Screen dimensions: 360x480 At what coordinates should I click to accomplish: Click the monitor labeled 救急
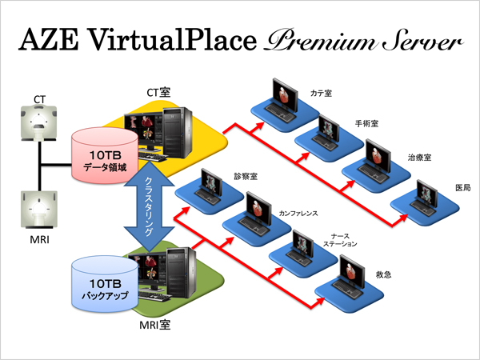pyautogui.click(x=350, y=272)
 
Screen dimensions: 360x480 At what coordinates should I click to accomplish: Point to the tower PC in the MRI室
pyautogui.click(x=177, y=271)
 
